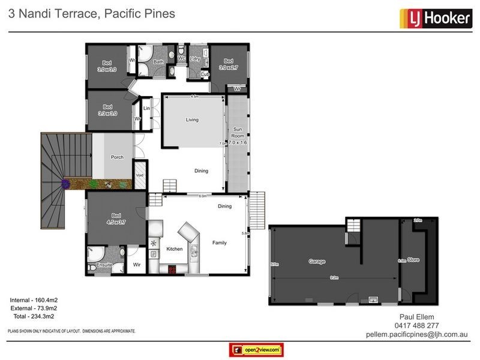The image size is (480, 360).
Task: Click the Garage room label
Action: [317, 262]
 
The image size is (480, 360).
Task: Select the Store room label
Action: [413, 261]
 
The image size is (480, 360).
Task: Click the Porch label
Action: [117, 157]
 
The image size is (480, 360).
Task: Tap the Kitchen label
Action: [174, 248]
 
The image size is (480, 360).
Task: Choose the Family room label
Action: [220, 244]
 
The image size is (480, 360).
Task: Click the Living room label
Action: [191, 120]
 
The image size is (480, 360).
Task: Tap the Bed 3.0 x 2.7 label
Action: [228, 64]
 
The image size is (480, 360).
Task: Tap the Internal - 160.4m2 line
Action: [34, 299]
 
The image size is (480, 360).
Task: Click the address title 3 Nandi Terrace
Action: [51, 13]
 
